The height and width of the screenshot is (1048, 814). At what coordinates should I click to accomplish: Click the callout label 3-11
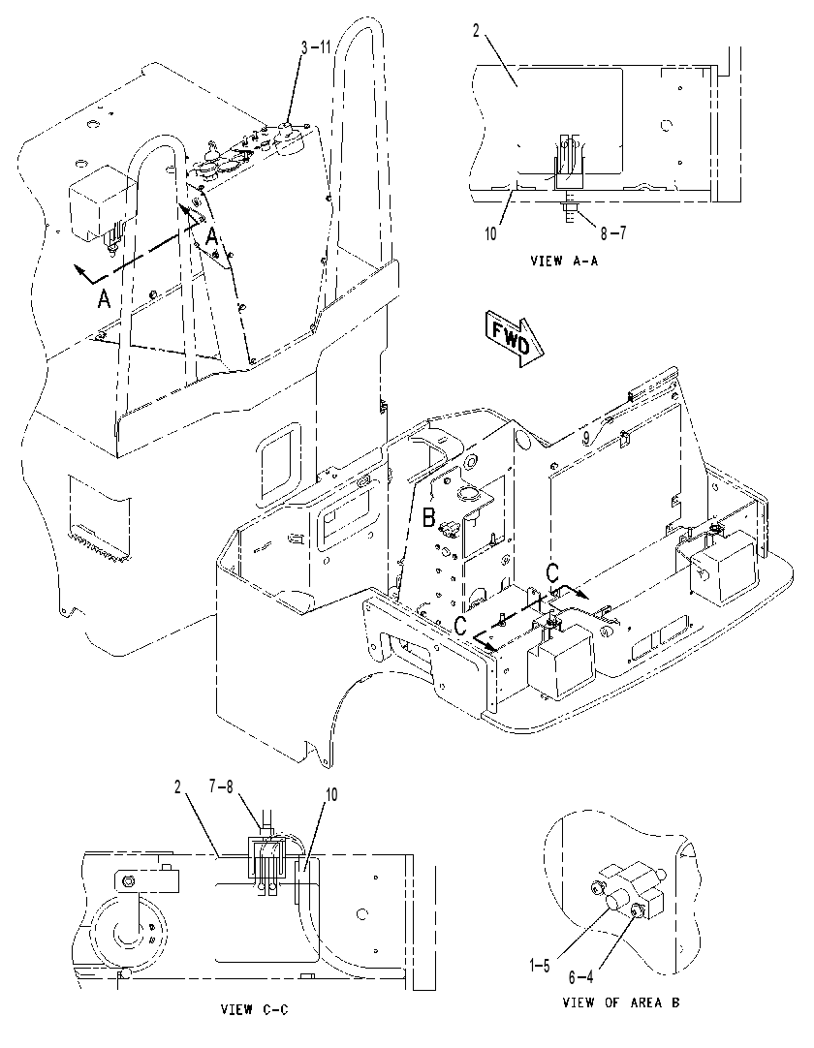click(x=316, y=47)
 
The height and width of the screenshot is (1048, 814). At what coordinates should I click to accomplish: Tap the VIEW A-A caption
click(x=565, y=261)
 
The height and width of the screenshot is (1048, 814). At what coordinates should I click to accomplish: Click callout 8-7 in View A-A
click(x=613, y=233)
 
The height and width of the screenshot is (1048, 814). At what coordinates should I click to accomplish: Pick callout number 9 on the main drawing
click(x=585, y=438)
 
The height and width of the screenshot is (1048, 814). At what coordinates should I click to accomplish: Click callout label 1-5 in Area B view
click(x=539, y=966)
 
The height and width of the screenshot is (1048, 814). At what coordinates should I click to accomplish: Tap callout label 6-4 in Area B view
click(x=580, y=977)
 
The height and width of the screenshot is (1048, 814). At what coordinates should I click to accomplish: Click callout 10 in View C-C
click(x=330, y=794)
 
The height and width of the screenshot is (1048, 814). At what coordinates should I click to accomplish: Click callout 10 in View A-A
click(x=491, y=234)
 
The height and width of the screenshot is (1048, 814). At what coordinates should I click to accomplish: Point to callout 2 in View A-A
click(x=476, y=31)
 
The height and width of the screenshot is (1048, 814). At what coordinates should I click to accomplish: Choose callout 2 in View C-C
click(x=178, y=787)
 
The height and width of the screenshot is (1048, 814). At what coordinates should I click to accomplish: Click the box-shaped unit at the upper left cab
click(x=98, y=206)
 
